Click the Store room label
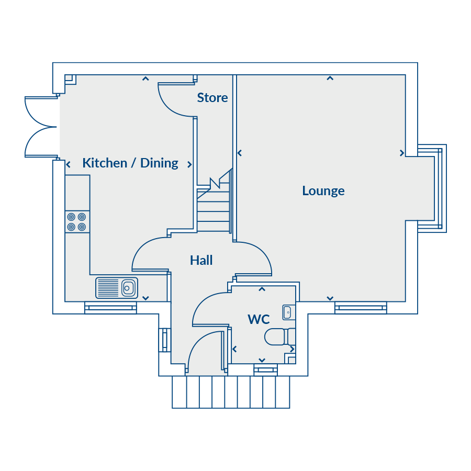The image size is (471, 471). tap(212, 98)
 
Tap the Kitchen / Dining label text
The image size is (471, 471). tap(130, 163)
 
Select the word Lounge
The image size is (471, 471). tap(323, 191)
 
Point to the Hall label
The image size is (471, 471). tap(201, 260)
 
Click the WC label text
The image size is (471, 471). tap(259, 319)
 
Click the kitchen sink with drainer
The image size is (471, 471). tap(117, 288)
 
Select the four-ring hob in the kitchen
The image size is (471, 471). tap(77, 222)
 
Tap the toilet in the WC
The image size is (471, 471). tap(280, 337)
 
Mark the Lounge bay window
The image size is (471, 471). tap(432, 188)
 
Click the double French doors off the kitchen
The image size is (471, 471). tap(41, 127)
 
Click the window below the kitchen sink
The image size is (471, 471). tap(110, 308)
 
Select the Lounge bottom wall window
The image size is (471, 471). tap(361, 308)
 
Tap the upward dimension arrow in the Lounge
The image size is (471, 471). tap(330, 78)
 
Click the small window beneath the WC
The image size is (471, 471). tap(265, 370)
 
